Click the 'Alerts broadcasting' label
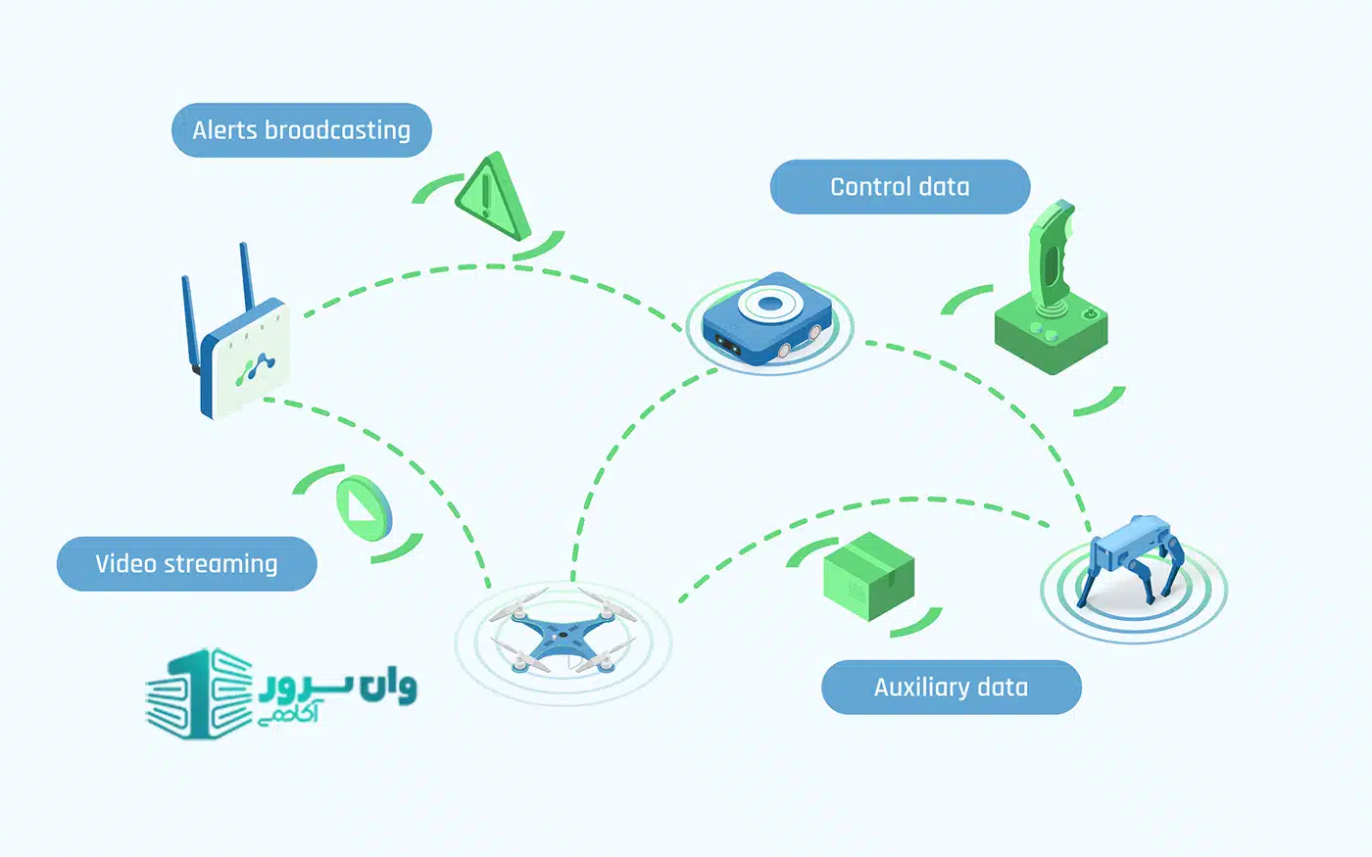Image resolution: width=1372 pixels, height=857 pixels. click(301, 130)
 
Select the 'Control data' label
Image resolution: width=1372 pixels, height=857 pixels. click(899, 187)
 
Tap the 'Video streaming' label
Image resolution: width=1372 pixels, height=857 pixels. click(186, 564)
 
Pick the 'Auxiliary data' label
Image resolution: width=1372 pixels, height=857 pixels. click(950, 688)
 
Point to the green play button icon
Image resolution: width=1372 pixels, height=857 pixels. click(362, 507)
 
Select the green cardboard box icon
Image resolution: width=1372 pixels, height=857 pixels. click(867, 578)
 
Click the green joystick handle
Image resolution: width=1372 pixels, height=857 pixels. click(1050, 255)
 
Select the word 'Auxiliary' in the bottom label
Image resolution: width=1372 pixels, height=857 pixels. click(909, 688)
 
